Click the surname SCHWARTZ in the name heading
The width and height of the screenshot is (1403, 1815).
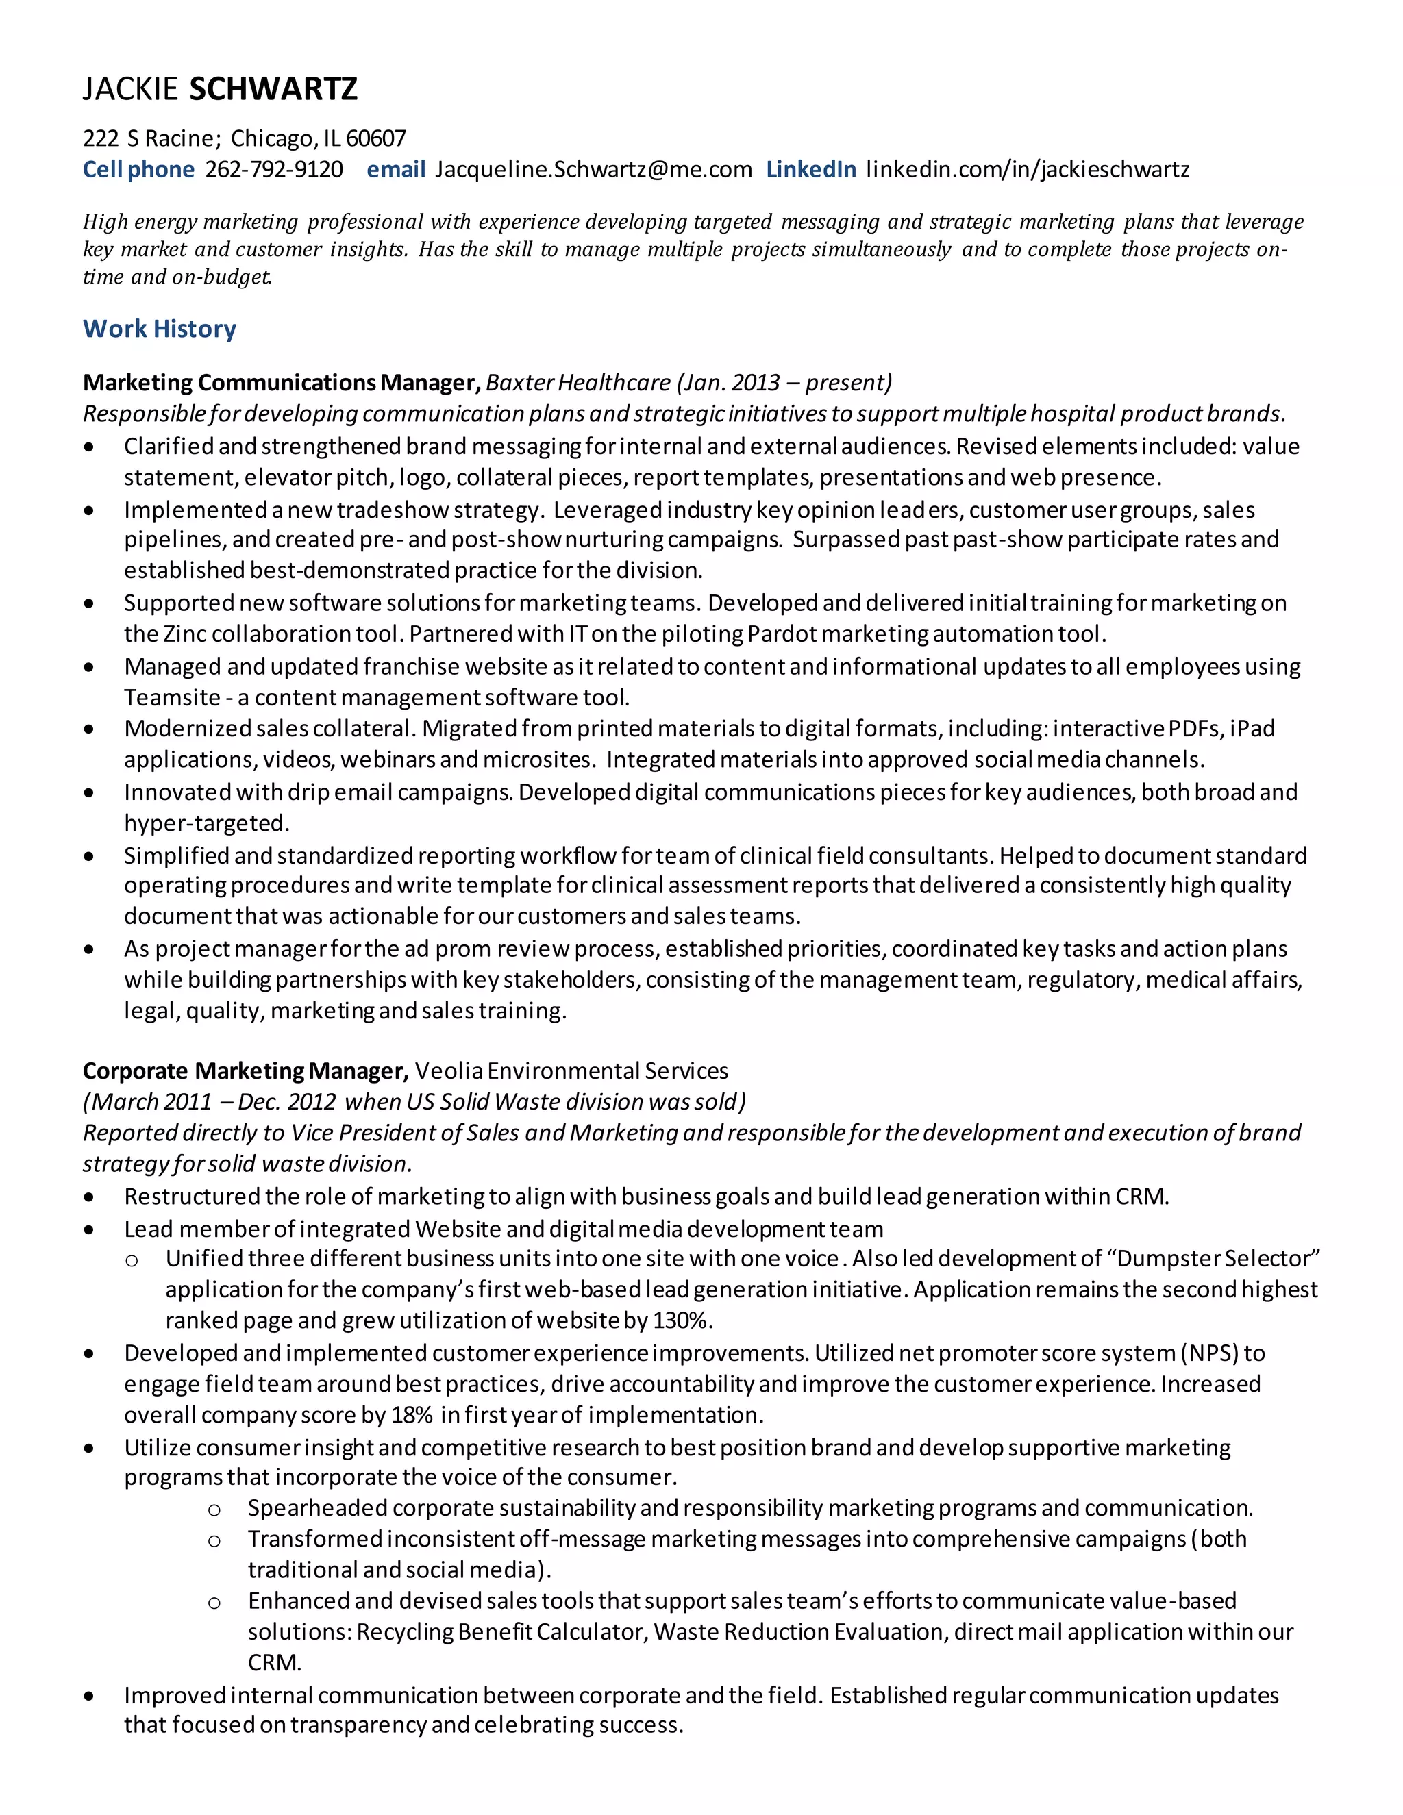click(x=273, y=89)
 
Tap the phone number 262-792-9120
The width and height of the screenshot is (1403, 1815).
click(x=273, y=170)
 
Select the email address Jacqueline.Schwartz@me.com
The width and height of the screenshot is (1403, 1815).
click(x=593, y=170)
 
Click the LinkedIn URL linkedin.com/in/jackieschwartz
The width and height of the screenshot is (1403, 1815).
click(x=1028, y=170)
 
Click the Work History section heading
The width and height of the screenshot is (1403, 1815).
click(x=160, y=329)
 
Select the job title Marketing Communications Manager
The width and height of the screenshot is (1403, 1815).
click(x=281, y=382)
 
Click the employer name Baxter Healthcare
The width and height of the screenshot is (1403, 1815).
click(x=578, y=382)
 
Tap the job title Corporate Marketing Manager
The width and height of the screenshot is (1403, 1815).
click(x=245, y=1071)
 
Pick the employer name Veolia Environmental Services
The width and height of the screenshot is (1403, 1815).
click(x=571, y=1071)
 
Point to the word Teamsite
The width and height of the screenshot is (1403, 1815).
click(x=172, y=697)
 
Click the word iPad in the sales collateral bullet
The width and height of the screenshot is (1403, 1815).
click(x=1252, y=729)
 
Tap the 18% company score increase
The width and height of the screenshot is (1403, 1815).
click(x=412, y=1415)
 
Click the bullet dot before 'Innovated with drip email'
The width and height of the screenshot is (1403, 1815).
click(x=89, y=793)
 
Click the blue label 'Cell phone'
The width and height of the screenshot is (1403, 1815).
click(x=138, y=170)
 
